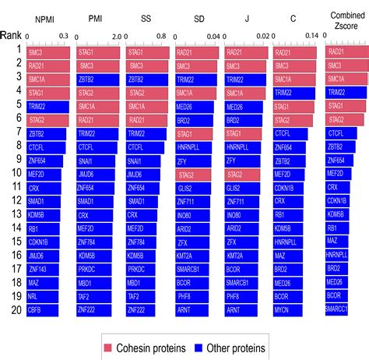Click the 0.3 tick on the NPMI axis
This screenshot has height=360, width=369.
click(65, 36)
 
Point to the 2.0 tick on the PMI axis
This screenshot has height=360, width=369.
click(115, 36)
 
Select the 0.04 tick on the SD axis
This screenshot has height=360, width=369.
click(213, 36)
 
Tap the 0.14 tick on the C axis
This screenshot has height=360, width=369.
click(311, 36)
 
